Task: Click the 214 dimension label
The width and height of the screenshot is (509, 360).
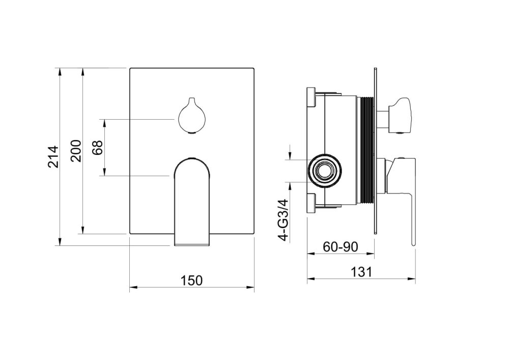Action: pos(53,157)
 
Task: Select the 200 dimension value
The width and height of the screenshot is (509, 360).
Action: pos(76,151)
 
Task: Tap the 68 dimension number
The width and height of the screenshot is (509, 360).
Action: pos(97,147)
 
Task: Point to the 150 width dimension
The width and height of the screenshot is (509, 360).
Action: pos(191,280)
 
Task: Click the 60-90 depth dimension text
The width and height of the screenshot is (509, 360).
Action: pos(341,247)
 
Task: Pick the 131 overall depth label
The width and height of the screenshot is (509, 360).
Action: pos(361,272)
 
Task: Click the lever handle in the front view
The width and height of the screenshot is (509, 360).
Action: pos(191,202)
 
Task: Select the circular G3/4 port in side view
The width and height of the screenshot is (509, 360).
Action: pos(325,170)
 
